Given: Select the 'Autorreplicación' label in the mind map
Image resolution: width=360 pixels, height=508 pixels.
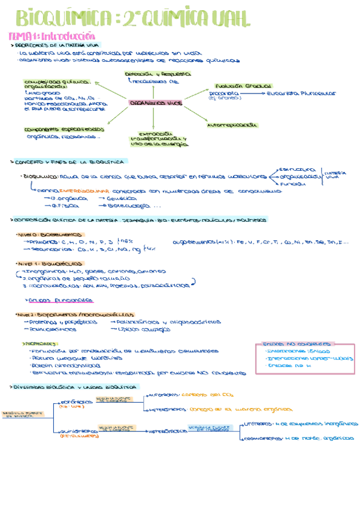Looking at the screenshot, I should (x=232, y=125).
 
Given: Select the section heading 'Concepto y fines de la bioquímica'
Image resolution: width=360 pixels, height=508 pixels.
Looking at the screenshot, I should (x=69, y=162).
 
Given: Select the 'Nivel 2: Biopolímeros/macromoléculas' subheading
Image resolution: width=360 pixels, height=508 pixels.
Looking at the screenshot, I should (x=75, y=313).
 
